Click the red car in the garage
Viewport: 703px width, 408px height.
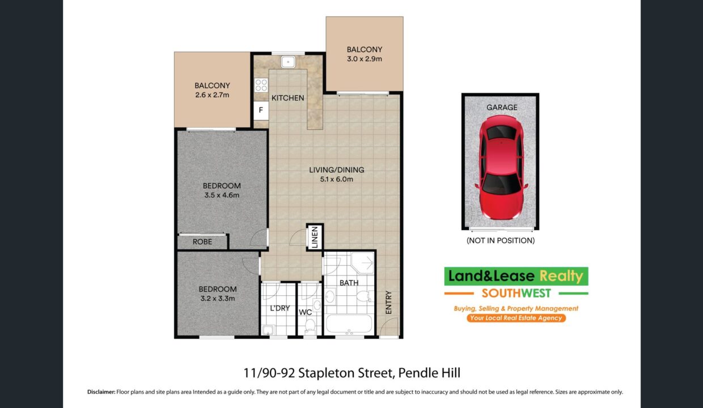pyautogui.click(x=501, y=167)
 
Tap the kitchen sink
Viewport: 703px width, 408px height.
pyautogui.click(x=288, y=62)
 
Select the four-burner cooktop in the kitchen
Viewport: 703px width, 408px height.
pyautogui.click(x=261, y=84)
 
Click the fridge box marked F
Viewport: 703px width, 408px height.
pyautogui.click(x=261, y=110)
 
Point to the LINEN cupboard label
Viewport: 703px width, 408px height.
pyautogui.click(x=315, y=237)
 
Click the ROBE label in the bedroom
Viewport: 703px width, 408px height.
pyautogui.click(x=202, y=242)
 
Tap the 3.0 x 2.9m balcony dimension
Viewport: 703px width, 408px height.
pyautogui.click(x=365, y=58)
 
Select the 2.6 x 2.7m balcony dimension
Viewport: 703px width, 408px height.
pyautogui.click(x=212, y=95)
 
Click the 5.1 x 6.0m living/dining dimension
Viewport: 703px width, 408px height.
pyautogui.click(x=336, y=179)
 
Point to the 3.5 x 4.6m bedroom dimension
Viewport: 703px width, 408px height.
pyautogui.click(x=222, y=195)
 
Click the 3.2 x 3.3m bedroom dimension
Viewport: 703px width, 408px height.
pyautogui.click(x=218, y=298)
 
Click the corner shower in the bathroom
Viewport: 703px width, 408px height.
pyautogui.click(x=363, y=262)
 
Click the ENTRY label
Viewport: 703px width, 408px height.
pyautogui.click(x=388, y=302)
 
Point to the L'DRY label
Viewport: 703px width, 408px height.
pyautogui.click(x=280, y=308)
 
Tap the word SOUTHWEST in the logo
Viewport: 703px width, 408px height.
pyautogui.click(x=516, y=293)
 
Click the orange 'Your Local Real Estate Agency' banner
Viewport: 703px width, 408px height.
pyautogui.click(x=516, y=318)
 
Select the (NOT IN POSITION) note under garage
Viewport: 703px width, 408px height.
pyautogui.click(x=501, y=240)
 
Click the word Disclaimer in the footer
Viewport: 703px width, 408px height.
pyautogui.click(x=101, y=392)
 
